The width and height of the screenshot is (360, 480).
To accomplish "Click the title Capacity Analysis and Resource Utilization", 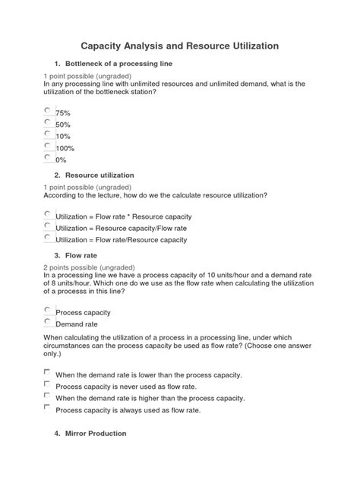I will tap(180, 46).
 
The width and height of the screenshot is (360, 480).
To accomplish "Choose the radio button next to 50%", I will tap(48, 122).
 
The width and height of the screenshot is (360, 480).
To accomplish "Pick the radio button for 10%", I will tap(48, 134).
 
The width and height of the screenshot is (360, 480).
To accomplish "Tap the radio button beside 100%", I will tap(48, 146).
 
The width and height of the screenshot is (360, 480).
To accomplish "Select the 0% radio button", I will tap(48, 157).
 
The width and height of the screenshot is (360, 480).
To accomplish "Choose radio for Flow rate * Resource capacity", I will tap(48, 215).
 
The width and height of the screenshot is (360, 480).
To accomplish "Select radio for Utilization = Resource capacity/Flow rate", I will tap(48, 226).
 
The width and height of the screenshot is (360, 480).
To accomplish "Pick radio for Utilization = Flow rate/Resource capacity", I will tap(48, 238).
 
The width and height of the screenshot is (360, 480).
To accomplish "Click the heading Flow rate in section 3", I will tap(84, 256).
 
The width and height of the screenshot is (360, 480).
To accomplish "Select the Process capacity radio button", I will tap(48, 310).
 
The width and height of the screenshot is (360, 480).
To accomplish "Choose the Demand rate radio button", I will tap(48, 322).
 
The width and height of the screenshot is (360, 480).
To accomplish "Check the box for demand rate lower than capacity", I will tap(48, 373).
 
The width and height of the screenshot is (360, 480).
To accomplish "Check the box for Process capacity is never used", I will tap(48, 384).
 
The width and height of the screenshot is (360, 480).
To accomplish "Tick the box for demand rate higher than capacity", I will tap(48, 396).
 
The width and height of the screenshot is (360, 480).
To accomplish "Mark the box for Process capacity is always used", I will tap(48, 408).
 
